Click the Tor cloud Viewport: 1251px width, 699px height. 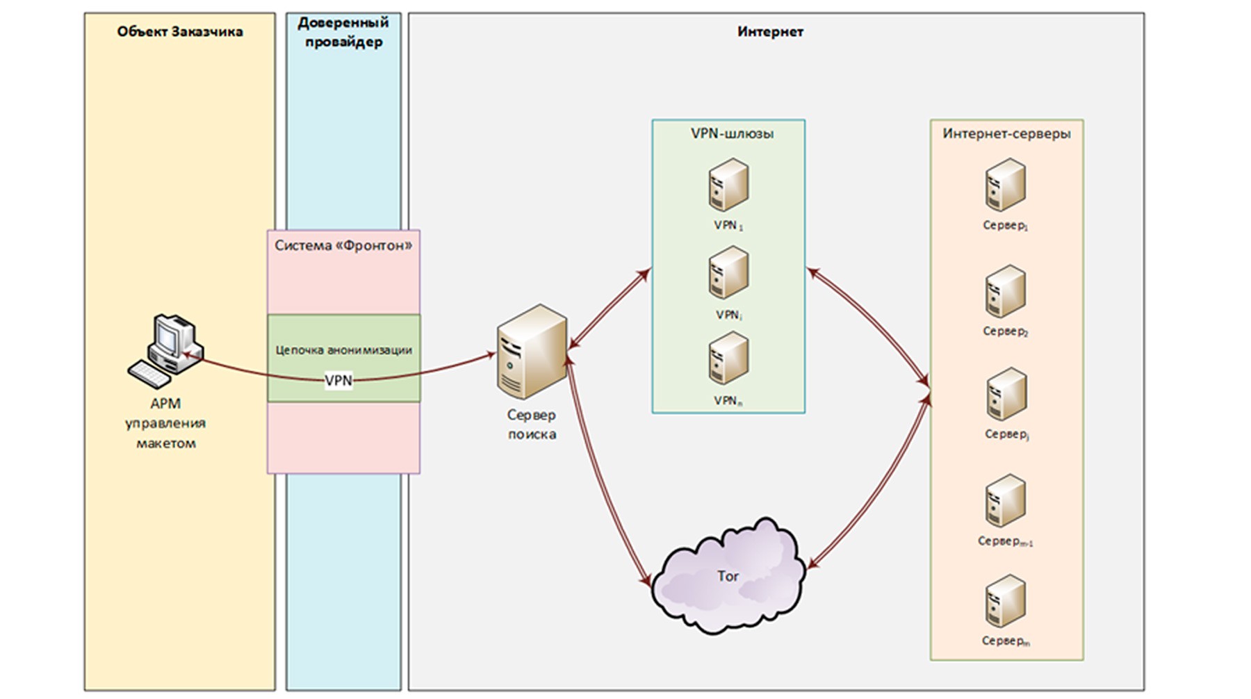pyautogui.click(x=728, y=576)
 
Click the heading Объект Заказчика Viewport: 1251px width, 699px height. pyautogui.click(x=179, y=31)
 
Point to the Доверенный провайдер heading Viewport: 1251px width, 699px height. pyautogui.click(x=343, y=32)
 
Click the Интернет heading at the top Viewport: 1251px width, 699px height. pyautogui.click(x=770, y=31)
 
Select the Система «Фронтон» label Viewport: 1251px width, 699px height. pyautogui.click(x=343, y=245)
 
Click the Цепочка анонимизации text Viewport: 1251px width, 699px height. pyautogui.click(x=343, y=349)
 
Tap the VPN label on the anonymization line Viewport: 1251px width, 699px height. pyautogui.click(x=338, y=380)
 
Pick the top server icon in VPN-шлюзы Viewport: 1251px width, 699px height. pyautogui.click(x=728, y=185)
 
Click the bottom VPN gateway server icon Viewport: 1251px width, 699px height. pyautogui.click(x=728, y=359)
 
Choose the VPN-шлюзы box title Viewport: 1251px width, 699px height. pyautogui.click(x=732, y=133)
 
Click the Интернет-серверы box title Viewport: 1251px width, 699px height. pyautogui.click(x=1006, y=133)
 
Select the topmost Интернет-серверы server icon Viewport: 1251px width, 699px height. pyautogui.click(x=1006, y=185)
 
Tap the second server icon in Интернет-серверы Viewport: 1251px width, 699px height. pyautogui.click(x=1006, y=291)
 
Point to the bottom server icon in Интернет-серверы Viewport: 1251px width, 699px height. pyautogui.click(x=1006, y=601)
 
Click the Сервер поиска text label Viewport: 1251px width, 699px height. pyautogui.click(x=532, y=425)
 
